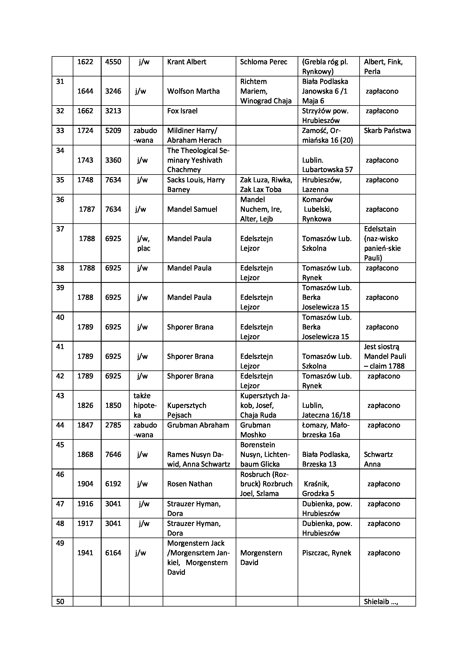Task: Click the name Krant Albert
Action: [x=187, y=62]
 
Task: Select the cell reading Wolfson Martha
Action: [x=193, y=91]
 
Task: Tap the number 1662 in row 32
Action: [x=85, y=111]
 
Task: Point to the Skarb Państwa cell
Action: [x=387, y=131]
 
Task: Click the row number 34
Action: [x=60, y=151]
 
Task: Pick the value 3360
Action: [x=113, y=160]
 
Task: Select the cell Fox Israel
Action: [x=182, y=111]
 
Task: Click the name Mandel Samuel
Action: [x=192, y=209]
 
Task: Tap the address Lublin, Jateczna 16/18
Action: [x=326, y=410]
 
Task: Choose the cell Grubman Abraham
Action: [x=198, y=425]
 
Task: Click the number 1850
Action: [x=113, y=405]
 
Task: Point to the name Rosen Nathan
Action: [x=189, y=484]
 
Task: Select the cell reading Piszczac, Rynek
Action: [x=327, y=553]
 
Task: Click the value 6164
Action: [x=113, y=553]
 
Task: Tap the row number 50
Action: [x=60, y=601]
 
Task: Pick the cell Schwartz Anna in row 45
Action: [x=378, y=459]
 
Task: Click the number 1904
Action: [x=85, y=484]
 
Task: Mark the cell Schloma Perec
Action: [x=264, y=62]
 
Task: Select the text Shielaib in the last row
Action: [x=376, y=601]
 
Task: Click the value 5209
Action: [x=113, y=131]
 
